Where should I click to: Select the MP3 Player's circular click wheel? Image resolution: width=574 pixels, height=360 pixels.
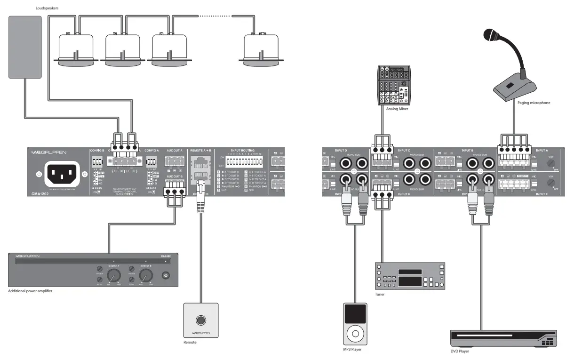[x=355, y=335]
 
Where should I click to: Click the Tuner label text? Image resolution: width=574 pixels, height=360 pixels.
[x=379, y=294]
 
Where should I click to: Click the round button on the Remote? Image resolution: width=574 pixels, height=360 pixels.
[x=201, y=320]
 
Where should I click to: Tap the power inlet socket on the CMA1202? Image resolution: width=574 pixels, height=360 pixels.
[x=61, y=174]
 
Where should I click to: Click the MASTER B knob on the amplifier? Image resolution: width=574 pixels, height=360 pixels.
[x=147, y=275]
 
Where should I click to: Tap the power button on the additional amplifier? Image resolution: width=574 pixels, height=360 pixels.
[x=165, y=275]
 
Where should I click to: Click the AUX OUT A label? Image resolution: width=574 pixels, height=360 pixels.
[x=174, y=151]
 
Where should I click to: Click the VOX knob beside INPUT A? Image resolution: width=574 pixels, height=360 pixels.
[x=549, y=163]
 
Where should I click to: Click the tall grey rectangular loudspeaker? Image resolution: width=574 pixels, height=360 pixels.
[x=25, y=47]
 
